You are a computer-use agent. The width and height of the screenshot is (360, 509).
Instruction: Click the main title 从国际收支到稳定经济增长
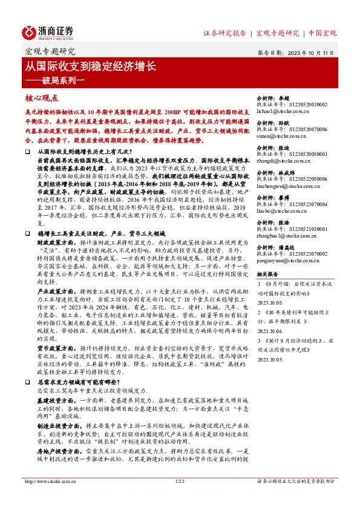click(x=91, y=63)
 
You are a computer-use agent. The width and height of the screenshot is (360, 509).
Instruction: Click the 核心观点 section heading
click(x=42, y=97)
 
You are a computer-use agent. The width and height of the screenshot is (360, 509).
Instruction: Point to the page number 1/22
click(x=179, y=498)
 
